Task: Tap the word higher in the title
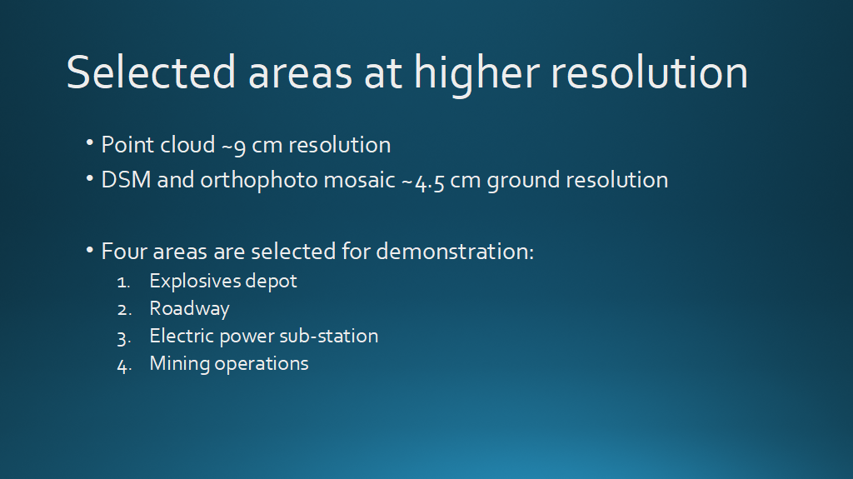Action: click(477, 75)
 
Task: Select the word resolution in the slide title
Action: click(650, 72)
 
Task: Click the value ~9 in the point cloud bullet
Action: click(233, 146)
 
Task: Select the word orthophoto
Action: click(259, 181)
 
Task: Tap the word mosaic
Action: click(359, 180)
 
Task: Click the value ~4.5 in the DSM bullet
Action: click(422, 182)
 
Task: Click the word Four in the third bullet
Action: click(125, 252)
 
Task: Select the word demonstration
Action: click(455, 252)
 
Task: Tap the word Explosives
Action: click(195, 282)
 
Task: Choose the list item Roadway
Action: click(189, 308)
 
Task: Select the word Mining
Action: click(180, 364)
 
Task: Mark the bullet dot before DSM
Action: click(90, 178)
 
